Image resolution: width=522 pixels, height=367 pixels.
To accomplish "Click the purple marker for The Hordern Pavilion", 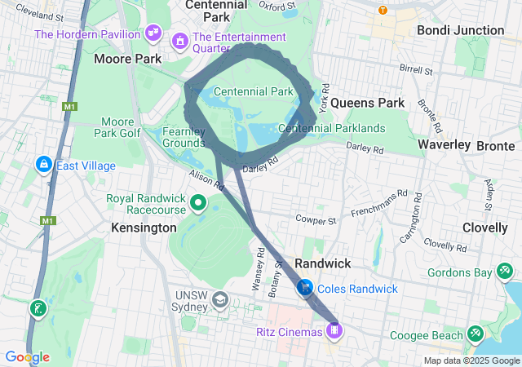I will tap(152, 33).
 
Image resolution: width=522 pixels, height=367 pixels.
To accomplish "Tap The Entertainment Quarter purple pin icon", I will tap(179, 39).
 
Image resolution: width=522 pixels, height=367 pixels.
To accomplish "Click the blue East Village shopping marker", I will tap(42, 165).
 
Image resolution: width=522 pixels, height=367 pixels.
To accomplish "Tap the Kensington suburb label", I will tap(144, 228).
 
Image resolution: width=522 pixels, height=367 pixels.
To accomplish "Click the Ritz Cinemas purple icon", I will tap(334, 330).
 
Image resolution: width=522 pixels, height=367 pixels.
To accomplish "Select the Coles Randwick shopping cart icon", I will tap(305, 288).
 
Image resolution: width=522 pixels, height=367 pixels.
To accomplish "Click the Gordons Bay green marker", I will tap(506, 269).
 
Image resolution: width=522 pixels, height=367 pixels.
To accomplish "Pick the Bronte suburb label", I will tap(496, 145).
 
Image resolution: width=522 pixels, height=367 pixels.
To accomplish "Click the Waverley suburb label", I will tap(444, 144).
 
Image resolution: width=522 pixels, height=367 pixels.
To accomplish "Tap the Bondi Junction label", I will tap(460, 30).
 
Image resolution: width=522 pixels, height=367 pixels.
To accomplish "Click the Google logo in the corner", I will tap(27, 356).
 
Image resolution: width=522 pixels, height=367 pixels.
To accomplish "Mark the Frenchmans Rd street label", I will tap(378, 200).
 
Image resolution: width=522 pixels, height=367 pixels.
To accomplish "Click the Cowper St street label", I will tap(316, 220).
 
